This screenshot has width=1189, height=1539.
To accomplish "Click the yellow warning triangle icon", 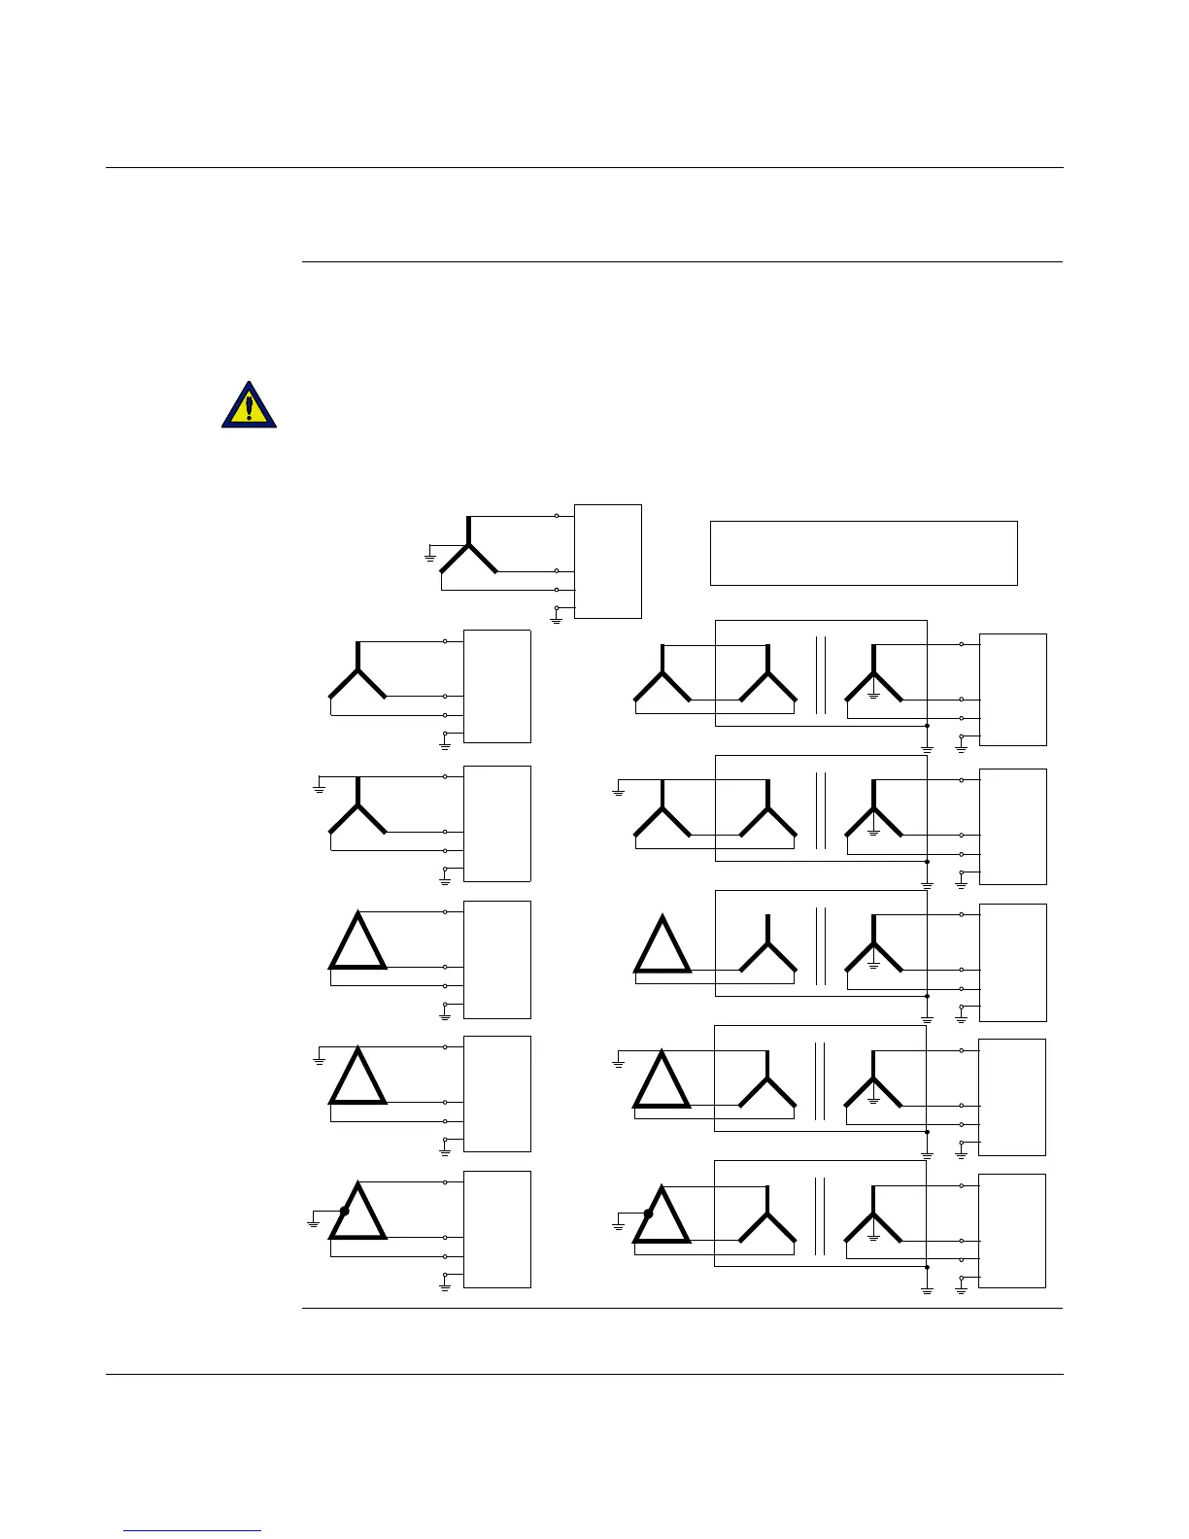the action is tap(249, 405).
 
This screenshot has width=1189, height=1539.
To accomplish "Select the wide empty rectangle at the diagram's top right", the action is tap(864, 553).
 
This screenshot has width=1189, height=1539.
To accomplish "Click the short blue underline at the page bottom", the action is tap(192, 1531).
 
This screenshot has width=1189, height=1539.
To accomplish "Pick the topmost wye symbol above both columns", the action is tap(469, 550).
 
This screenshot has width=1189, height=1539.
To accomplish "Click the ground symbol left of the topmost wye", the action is tap(429, 557).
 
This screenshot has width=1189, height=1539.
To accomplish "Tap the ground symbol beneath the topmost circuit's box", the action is tap(557, 618).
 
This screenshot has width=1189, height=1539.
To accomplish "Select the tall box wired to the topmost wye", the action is tap(608, 561).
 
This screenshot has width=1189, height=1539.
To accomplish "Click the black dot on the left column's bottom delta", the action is tap(345, 1211).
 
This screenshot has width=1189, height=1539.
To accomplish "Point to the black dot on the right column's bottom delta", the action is tap(648, 1214).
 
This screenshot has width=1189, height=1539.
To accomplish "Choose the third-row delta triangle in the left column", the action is tap(358, 942).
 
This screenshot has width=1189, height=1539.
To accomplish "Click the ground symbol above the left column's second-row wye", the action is tap(319, 788).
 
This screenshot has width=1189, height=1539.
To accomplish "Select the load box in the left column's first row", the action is tap(497, 686).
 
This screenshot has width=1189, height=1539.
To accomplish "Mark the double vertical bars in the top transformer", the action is tap(821, 675).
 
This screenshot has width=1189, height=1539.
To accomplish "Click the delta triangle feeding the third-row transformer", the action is tap(662, 946).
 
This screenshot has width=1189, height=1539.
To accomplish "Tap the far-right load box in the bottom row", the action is tap(1012, 1230).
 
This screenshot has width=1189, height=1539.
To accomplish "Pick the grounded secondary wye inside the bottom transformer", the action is tap(873, 1219).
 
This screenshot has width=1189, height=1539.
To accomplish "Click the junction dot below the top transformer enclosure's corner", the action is tap(927, 726).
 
